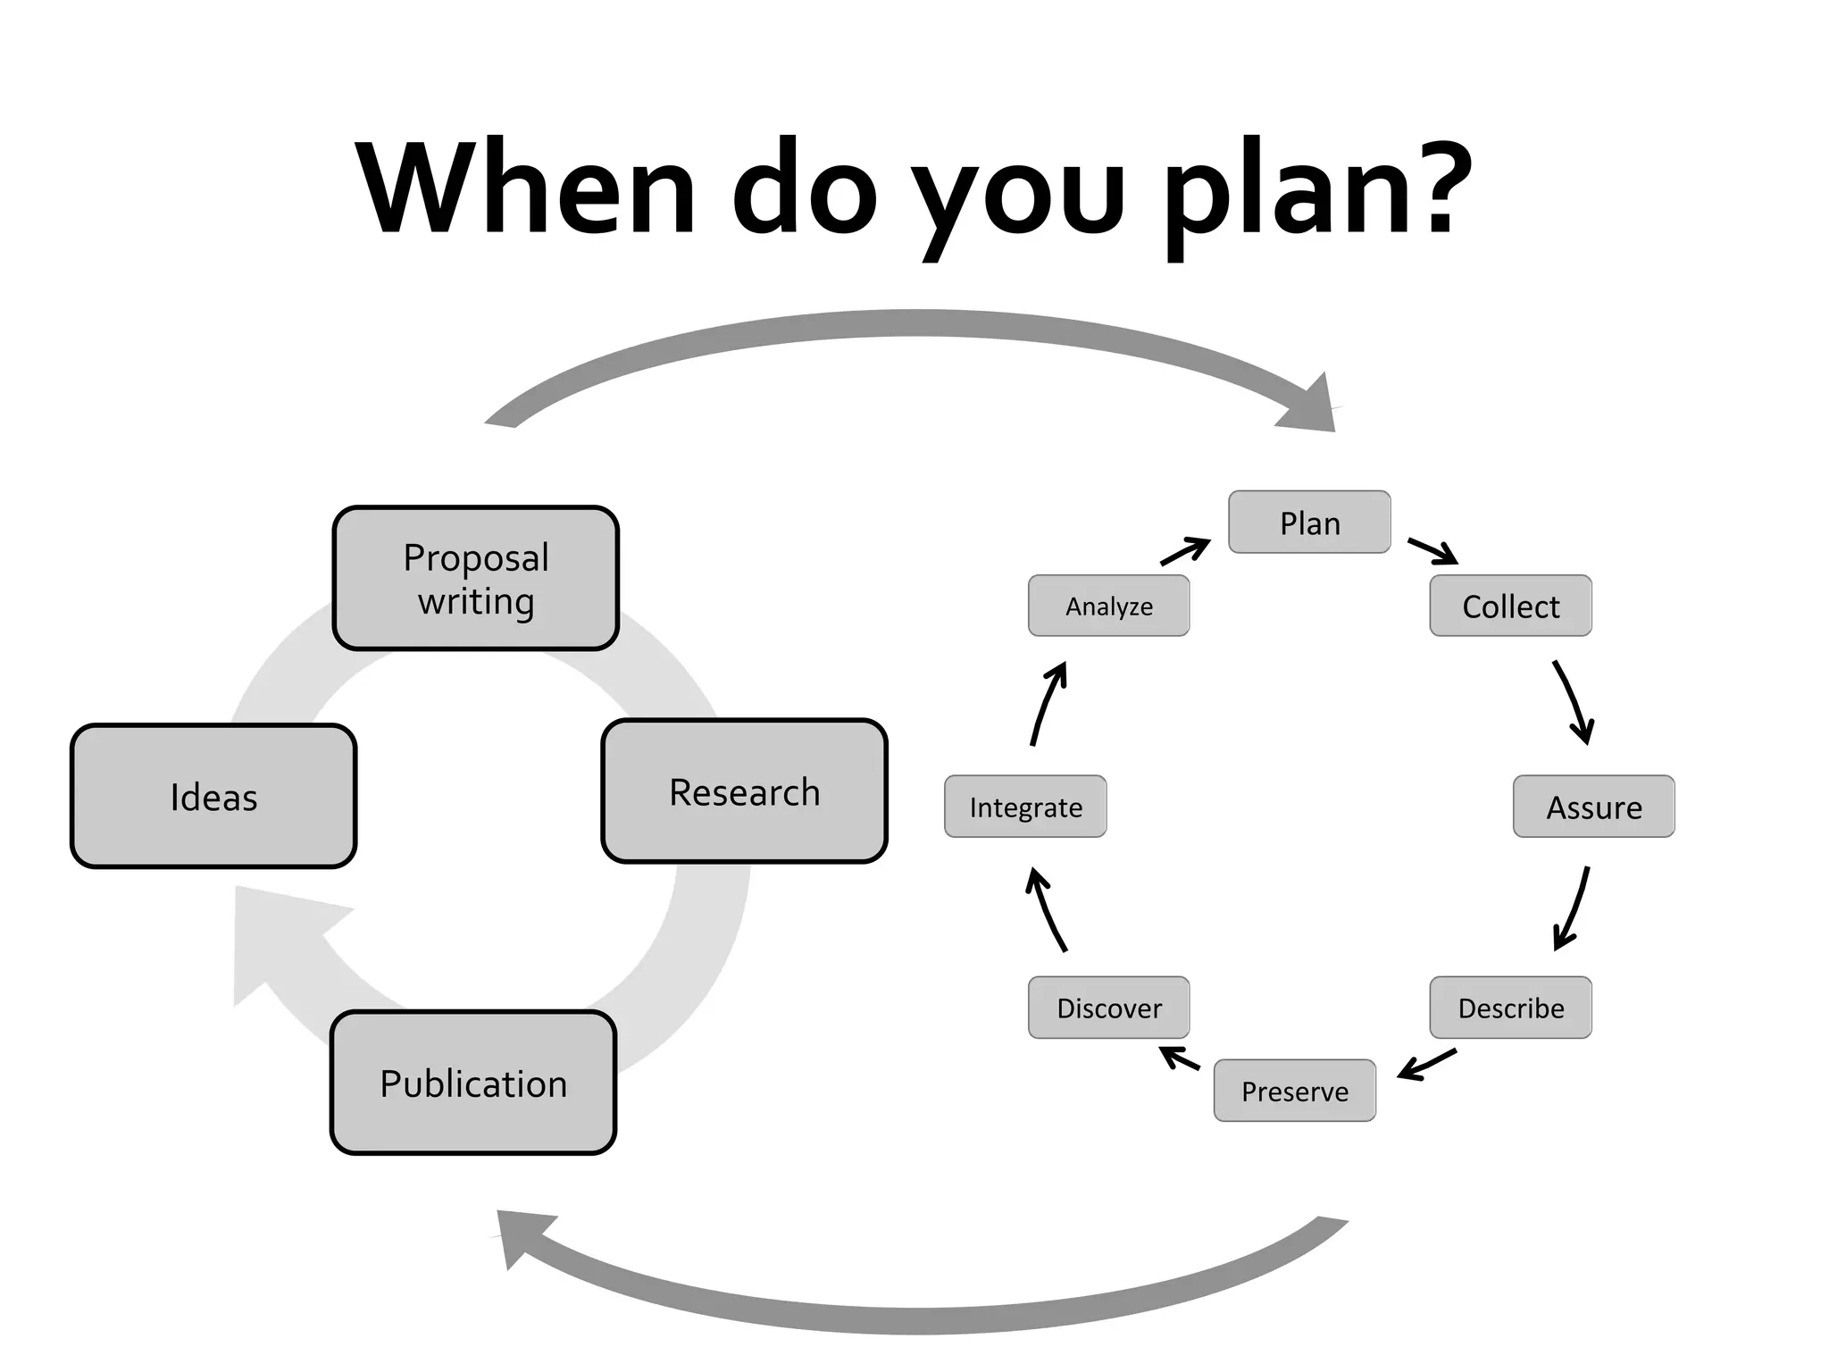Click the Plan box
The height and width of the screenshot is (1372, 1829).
1309,523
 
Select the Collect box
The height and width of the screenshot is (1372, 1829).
1510,607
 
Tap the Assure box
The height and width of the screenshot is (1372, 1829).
1593,807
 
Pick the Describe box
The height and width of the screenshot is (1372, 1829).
1510,1008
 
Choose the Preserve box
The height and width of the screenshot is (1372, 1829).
1294,1091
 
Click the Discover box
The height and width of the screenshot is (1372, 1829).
1108,1008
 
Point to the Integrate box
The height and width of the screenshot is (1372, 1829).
1025,807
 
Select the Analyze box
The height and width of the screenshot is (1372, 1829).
1108,607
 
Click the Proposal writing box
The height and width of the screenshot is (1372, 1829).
476,579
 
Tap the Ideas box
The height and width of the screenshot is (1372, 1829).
213,796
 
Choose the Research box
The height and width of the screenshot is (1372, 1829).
744,791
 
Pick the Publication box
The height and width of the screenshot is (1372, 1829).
473,1083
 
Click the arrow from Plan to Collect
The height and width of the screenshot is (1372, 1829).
1432,551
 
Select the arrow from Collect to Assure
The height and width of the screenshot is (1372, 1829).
1574,702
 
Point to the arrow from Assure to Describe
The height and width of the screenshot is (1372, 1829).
1573,908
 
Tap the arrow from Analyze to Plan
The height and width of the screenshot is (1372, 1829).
1185,551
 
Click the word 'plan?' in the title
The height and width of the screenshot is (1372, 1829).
1316,190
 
